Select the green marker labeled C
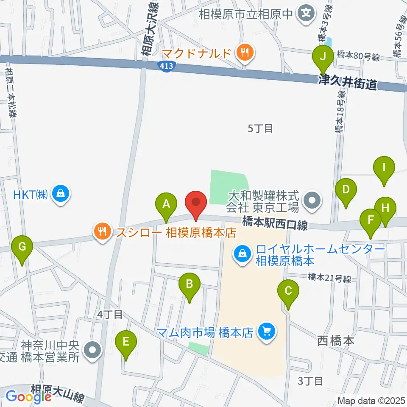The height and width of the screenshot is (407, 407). [288, 291]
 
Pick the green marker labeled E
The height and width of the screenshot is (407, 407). [126, 342]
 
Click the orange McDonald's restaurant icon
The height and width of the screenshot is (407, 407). [245, 53]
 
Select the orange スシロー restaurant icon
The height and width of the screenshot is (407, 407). [102, 232]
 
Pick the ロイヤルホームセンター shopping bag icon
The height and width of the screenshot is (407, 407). [242, 255]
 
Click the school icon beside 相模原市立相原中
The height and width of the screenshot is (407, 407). [306, 14]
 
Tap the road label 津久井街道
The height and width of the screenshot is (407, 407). [348, 82]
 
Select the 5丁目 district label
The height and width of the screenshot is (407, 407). [260, 128]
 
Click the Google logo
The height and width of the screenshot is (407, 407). [29, 396]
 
